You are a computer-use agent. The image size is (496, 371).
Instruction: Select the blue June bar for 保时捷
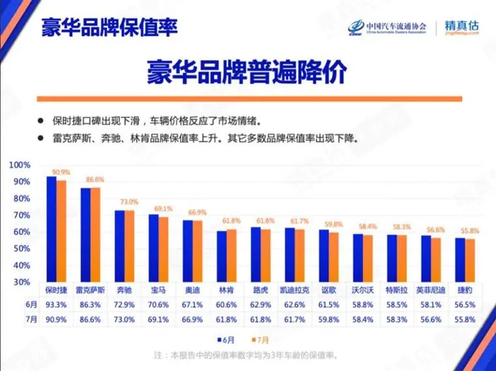pyautogui.click(x=52, y=228)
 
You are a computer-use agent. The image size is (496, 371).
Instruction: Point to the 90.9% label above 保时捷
pyautogui.click(x=62, y=172)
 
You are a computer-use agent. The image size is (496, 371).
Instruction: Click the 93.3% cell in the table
pyautogui.click(x=54, y=304)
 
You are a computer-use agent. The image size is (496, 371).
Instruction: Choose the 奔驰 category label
pyautogui.click(x=123, y=289)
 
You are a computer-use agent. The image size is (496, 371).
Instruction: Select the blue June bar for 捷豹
pyautogui.click(x=460, y=260)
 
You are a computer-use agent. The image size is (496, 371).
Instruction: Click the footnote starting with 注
pyautogui.click(x=247, y=355)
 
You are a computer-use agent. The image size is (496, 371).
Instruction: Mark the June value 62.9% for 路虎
pyautogui.click(x=260, y=304)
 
